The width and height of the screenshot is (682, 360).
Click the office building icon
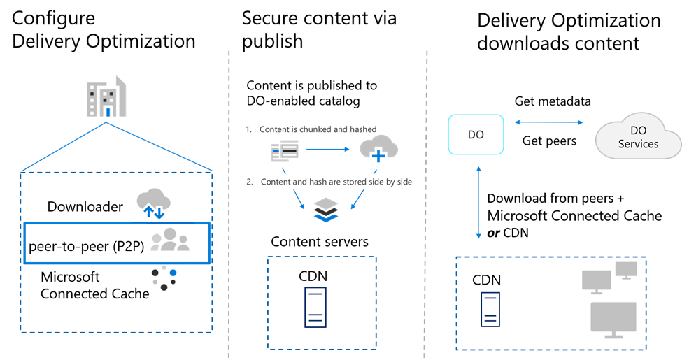tap(106, 99)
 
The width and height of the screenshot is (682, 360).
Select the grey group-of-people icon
tap(170, 240)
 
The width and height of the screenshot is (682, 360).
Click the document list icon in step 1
tap(285, 150)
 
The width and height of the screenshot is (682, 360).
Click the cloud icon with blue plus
tap(378, 149)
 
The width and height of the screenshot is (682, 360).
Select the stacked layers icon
tap(326, 210)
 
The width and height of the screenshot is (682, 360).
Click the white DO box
tap(476, 134)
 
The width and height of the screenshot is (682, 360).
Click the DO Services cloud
tap(638, 137)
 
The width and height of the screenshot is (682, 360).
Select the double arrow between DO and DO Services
tap(549, 123)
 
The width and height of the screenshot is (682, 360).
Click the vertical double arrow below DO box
tap(478, 203)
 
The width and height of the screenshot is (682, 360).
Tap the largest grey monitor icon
tap(613, 319)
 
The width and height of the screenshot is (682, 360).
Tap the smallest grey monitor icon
tap(625, 270)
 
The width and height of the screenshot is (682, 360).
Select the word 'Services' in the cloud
tap(638, 144)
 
